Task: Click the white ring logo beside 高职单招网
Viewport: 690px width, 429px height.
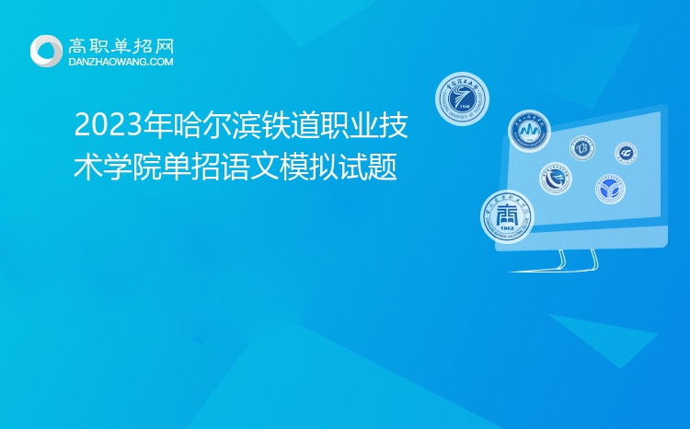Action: (x=47, y=51)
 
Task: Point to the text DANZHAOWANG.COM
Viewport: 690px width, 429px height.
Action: (x=121, y=62)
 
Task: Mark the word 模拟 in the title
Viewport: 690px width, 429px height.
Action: (x=290, y=168)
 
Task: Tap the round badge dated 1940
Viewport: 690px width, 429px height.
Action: (x=462, y=99)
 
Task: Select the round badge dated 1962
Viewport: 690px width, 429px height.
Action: (x=507, y=216)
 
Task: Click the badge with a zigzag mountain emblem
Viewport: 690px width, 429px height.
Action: (x=530, y=132)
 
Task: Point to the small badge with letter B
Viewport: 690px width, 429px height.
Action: (x=581, y=147)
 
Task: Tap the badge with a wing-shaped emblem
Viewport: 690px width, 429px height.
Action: (x=556, y=179)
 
